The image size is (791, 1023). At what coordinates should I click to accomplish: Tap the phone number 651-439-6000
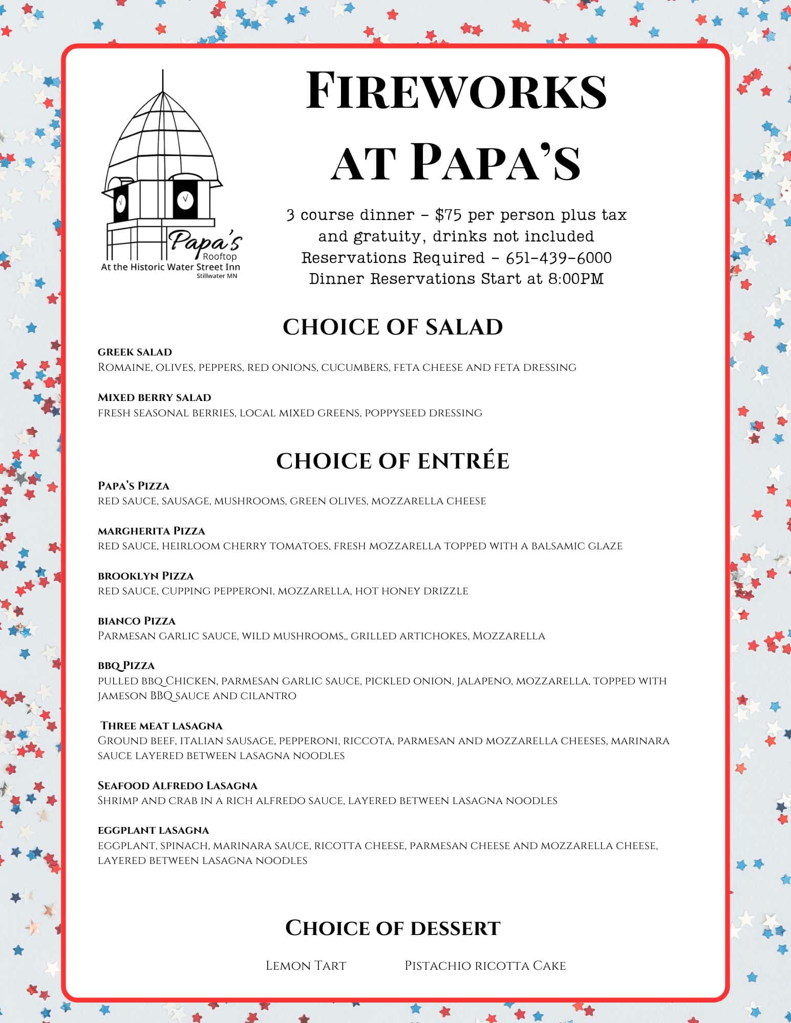click(x=559, y=257)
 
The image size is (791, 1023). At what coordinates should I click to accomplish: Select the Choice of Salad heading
click(x=393, y=327)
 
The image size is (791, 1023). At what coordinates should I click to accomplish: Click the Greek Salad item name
click(x=135, y=352)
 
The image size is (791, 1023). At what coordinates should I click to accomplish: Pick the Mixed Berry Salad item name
click(x=154, y=397)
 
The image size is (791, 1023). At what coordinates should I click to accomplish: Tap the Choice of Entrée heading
click(x=393, y=461)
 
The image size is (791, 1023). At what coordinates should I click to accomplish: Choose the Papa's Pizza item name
click(x=133, y=485)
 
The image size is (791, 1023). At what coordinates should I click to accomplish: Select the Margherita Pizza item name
click(x=151, y=531)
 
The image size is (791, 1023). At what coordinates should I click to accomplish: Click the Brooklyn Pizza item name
click(x=145, y=576)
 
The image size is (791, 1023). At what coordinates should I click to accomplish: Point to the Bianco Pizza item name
click(x=136, y=621)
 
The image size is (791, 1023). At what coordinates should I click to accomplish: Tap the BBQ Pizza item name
click(x=126, y=665)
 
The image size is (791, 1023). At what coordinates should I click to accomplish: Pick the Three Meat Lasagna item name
click(x=161, y=726)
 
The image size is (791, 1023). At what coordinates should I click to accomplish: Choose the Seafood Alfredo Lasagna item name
click(x=177, y=786)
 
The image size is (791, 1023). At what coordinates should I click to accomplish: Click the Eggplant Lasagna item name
click(x=153, y=830)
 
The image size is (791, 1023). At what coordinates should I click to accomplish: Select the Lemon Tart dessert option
click(x=306, y=966)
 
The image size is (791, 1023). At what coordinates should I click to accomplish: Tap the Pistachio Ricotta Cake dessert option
click(x=485, y=966)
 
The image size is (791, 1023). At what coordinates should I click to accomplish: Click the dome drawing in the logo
click(x=163, y=138)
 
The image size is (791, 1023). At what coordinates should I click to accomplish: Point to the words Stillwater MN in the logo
click(x=217, y=276)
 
